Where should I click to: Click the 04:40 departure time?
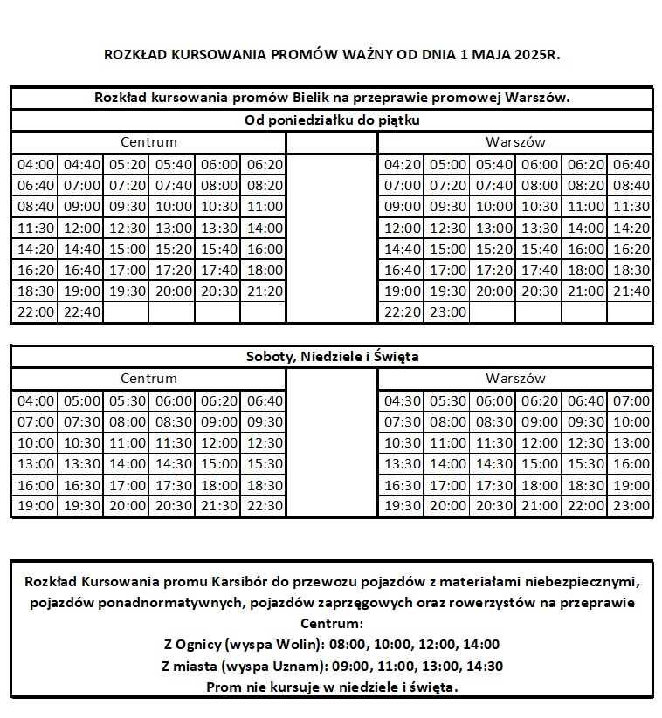(x=82, y=164)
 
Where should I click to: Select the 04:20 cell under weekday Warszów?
(x=402, y=164)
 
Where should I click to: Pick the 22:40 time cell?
(x=82, y=312)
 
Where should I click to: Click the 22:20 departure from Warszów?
(x=402, y=312)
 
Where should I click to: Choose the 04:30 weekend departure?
(x=402, y=400)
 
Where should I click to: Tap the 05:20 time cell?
(x=128, y=164)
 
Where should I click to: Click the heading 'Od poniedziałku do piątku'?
(x=332, y=120)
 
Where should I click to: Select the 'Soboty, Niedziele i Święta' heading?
(x=332, y=356)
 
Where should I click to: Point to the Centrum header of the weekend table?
(x=148, y=379)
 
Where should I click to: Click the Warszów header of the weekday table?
(x=515, y=141)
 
